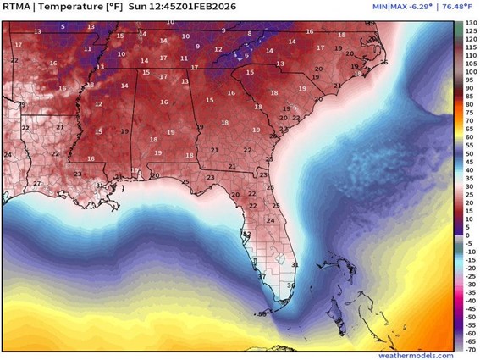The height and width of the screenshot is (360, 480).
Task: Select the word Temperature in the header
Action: (77, 6)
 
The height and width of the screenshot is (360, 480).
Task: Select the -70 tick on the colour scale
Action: (469, 348)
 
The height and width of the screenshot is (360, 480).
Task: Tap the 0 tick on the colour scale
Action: (468, 235)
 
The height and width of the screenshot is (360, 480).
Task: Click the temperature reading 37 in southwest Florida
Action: (262, 276)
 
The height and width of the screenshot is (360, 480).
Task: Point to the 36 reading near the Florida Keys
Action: (263, 313)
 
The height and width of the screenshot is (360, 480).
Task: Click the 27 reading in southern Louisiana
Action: (37, 183)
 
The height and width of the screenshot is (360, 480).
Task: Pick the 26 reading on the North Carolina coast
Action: (383, 62)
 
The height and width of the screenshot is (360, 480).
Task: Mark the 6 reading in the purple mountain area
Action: (246, 55)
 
